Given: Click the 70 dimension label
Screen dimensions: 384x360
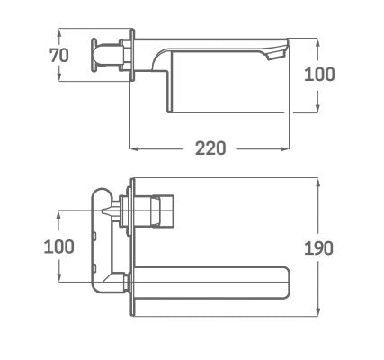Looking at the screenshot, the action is pos(59,56).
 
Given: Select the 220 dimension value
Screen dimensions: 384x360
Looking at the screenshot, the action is pos(210,148).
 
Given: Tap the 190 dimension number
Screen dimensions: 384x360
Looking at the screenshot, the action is pos(318,248).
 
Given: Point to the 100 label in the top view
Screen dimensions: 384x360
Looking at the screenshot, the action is pos(319,75).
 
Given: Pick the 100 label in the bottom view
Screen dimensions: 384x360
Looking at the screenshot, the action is pos(59,247).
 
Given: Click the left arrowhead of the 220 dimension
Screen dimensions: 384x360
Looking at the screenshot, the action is pos(134,148).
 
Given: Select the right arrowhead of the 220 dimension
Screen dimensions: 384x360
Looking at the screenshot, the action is pos(285,148).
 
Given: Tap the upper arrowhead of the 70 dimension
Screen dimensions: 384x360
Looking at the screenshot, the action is pos(59,33).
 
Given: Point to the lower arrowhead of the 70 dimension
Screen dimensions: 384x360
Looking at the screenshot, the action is pos(59,76).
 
